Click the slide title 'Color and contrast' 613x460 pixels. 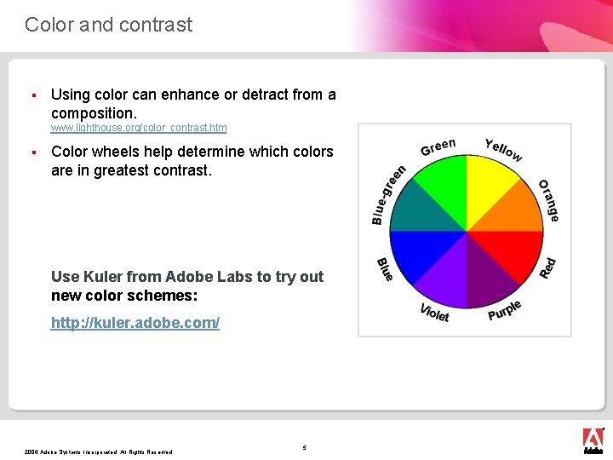coord(108,25)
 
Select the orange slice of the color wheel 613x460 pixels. coord(515,210)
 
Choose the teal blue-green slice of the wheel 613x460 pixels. coord(418,210)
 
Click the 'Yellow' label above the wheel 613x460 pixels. coord(503,149)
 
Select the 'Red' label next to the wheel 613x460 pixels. coord(548,267)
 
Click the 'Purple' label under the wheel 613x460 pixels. coord(505,310)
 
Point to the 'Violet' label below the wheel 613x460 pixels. coord(434,313)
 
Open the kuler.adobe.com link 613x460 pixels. coord(135,323)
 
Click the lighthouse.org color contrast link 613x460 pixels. coord(138,128)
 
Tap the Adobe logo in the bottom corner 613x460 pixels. coord(593,439)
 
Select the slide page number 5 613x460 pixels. coord(305,447)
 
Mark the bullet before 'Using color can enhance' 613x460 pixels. coord(32,95)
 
